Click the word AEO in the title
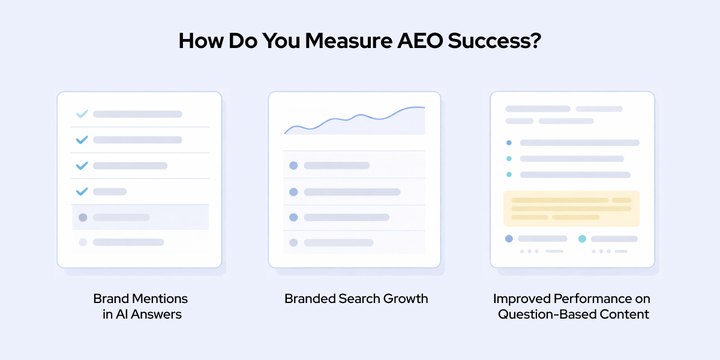pos(420,41)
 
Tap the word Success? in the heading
pos(494,41)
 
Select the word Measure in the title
pos(349,41)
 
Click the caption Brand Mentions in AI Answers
pos(141,307)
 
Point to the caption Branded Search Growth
pos(356,299)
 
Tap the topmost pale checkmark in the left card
pos(82,114)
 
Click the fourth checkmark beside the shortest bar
pos(82,191)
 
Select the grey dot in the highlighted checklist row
pos(83,218)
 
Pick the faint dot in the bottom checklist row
pos(83,242)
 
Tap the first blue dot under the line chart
pos(293,166)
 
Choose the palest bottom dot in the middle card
pos(293,242)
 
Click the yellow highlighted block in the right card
pos(571,209)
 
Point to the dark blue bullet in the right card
pos(509,143)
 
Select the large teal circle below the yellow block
pos(582,239)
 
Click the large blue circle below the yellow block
pos(509,239)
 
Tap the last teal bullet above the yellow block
pos(509,175)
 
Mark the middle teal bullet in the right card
pos(509,159)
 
